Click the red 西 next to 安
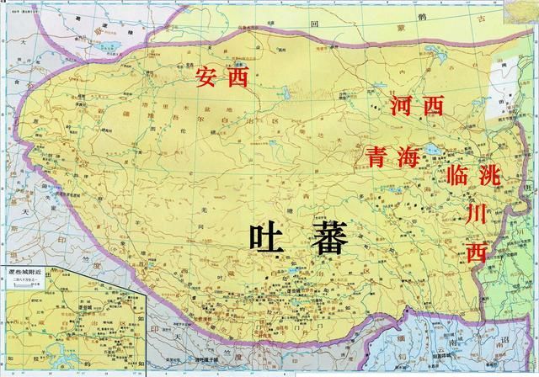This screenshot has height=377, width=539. coord(241,79)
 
